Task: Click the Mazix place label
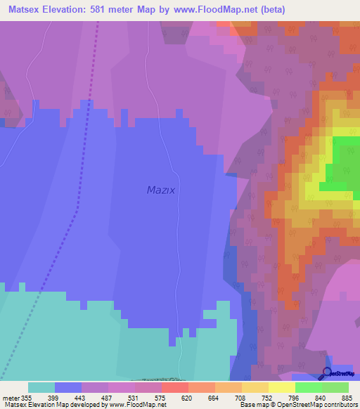[160, 190]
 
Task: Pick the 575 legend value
[161, 397]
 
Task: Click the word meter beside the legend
[9, 397]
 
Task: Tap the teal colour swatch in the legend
[41, 387]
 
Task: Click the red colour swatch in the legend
[174, 387]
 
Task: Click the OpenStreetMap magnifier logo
[328, 373]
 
